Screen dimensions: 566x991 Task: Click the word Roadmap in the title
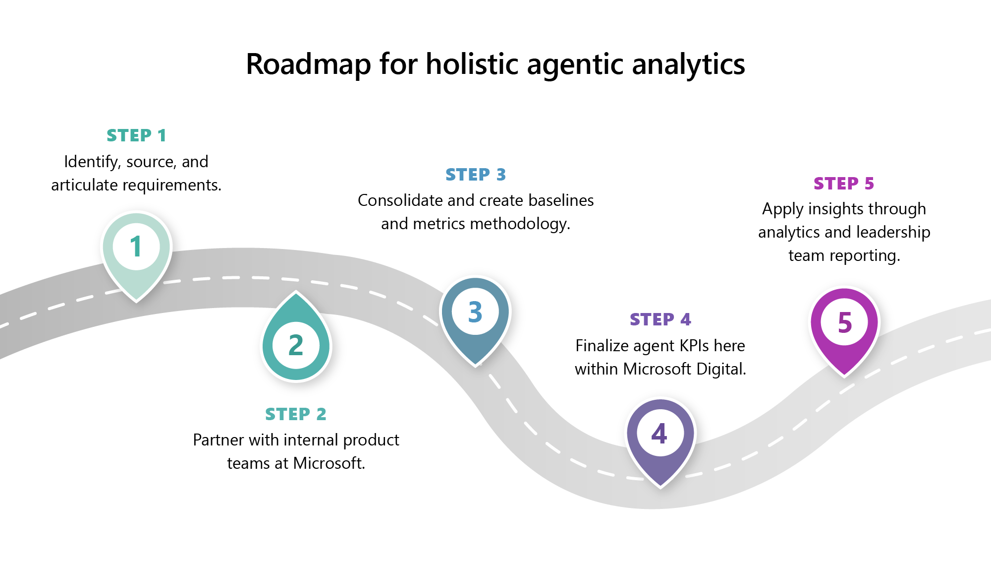click(308, 64)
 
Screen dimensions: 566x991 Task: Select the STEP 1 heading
click(136, 135)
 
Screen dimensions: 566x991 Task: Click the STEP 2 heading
click(296, 414)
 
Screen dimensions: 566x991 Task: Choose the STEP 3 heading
click(476, 175)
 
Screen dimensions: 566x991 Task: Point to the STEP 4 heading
click(661, 319)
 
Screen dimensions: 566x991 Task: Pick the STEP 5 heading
click(844, 184)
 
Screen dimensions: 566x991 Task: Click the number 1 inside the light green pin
click(136, 247)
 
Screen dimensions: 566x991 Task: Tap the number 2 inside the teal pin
click(296, 345)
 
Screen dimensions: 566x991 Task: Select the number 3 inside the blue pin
click(475, 312)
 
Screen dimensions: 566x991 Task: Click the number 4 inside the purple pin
click(659, 434)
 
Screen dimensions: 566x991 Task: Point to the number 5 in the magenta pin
click(845, 323)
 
